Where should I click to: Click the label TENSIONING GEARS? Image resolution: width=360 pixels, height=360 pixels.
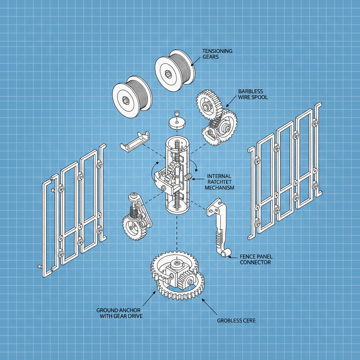217,53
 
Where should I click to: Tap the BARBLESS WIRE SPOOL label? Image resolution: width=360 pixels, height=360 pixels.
253,94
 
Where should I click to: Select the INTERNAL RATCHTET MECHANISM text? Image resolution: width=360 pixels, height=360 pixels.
219,182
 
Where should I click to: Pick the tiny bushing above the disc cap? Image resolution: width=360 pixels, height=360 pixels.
177,113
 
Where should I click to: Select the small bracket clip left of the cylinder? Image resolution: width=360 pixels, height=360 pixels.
135,141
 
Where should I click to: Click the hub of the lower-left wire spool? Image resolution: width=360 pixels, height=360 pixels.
126,100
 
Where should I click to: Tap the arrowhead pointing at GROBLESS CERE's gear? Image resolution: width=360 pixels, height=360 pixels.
202,300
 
